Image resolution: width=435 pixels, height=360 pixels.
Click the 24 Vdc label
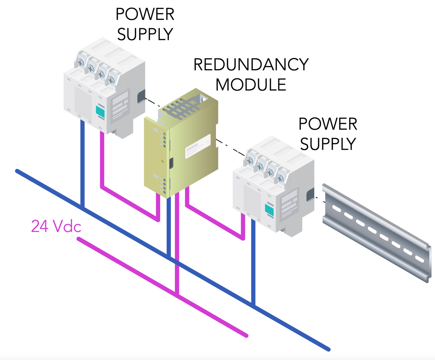[x=56, y=226]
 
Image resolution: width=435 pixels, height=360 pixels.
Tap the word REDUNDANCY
[x=251, y=65]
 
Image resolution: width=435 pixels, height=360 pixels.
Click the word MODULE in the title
[x=251, y=84]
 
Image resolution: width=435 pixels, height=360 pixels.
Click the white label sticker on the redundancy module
[x=198, y=146]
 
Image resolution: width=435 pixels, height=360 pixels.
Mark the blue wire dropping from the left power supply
[x=82, y=163]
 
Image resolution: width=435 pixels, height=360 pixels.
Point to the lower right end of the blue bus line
[x=328, y=349]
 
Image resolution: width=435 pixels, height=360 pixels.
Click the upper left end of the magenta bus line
[x=79, y=239]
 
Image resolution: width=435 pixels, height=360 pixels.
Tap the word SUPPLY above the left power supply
[x=145, y=33]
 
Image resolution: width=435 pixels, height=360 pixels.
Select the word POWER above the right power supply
[x=328, y=124]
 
